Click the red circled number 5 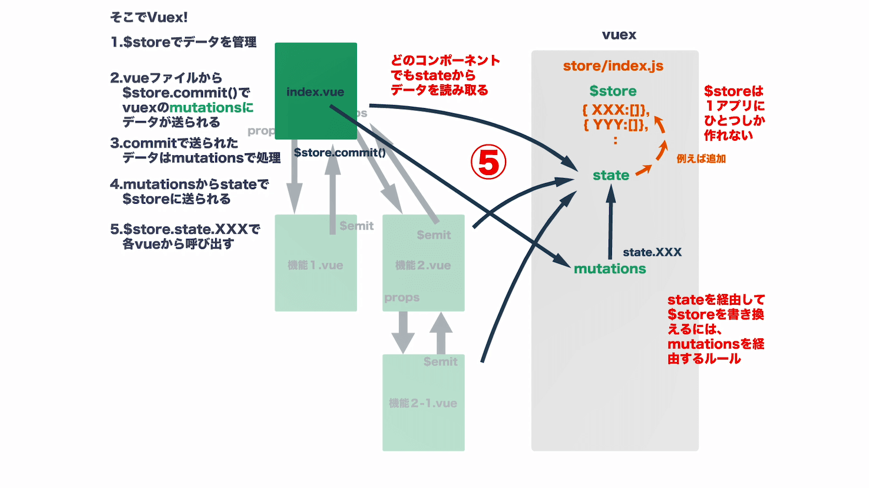(x=488, y=163)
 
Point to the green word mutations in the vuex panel (x=610, y=269)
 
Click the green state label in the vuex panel (x=611, y=175)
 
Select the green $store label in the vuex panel (x=613, y=91)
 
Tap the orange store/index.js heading (x=613, y=65)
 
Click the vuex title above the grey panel (x=619, y=35)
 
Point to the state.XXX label (x=652, y=252)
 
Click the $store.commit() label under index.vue (x=340, y=153)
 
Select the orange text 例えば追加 (x=701, y=159)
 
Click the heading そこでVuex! (x=149, y=18)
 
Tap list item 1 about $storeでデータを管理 (x=183, y=42)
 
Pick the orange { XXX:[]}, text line (x=616, y=110)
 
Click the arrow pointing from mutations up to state (x=610, y=221)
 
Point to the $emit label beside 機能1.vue (x=356, y=226)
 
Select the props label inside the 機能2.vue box (x=402, y=298)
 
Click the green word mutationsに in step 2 (x=212, y=108)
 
